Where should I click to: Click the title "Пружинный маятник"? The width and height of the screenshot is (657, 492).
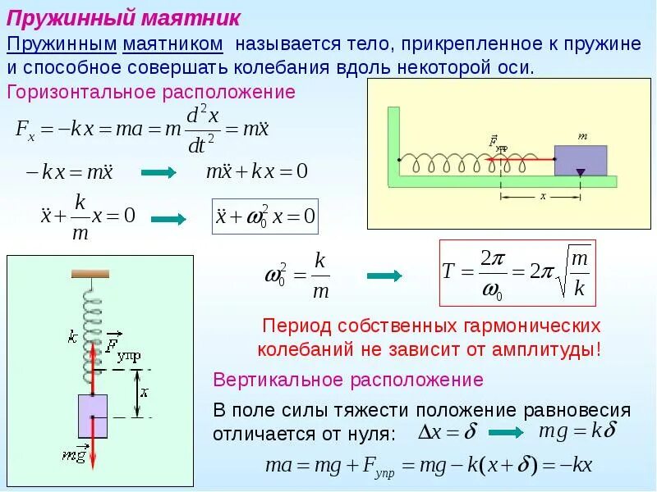124,17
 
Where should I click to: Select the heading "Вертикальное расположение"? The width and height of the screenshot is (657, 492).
347,380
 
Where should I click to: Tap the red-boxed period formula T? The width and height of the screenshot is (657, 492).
517,273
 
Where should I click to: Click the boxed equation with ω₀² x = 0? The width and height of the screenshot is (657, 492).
265,216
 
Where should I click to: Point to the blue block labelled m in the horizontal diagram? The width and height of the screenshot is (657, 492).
581,160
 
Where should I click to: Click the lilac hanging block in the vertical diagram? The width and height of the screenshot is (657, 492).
93,416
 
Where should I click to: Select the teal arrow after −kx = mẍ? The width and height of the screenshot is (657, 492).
159,173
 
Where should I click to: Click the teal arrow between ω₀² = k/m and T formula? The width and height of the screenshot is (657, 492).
384,276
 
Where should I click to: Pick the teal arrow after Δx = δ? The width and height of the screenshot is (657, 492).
506,432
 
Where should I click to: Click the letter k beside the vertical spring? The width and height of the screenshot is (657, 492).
73,336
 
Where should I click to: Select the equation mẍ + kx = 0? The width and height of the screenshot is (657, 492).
255,172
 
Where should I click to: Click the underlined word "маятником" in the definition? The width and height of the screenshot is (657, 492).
174,43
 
